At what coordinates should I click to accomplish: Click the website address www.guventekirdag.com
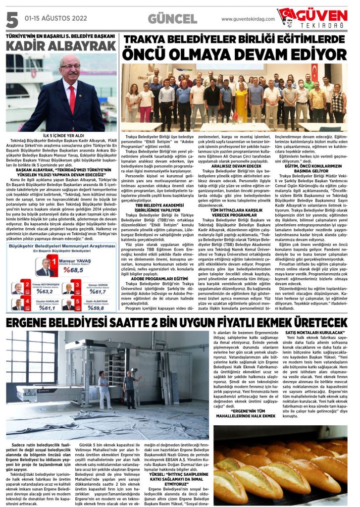point(246,19)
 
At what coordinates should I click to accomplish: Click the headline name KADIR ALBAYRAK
point(60,46)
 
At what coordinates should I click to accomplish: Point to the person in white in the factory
point(103,389)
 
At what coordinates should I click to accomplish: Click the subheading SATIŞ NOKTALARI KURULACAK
point(312,334)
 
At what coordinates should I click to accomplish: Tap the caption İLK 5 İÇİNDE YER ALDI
point(59,135)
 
